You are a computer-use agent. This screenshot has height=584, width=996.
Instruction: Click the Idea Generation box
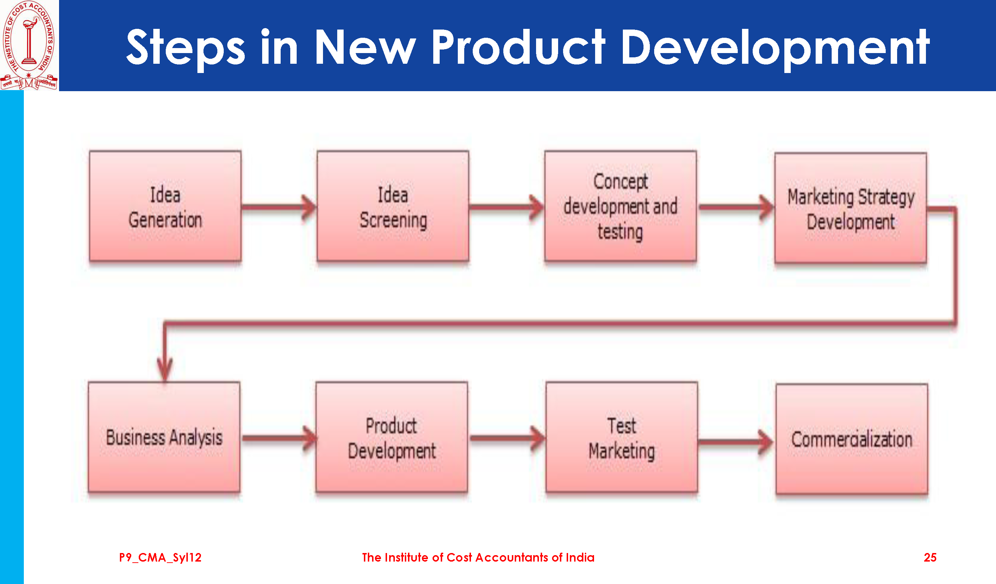(x=165, y=206)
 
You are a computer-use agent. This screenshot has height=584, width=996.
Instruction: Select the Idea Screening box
(x=393, y=206)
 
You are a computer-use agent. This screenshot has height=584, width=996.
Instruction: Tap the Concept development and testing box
(x=620, y=206)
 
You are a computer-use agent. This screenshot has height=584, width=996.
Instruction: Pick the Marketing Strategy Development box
(x=851, y=208)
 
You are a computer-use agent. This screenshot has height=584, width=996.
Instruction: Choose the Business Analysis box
(x=164, y=437)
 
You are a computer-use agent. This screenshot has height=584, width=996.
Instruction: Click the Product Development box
(x=392, y=437)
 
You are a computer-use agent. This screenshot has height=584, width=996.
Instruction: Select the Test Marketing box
(x=622, y=437)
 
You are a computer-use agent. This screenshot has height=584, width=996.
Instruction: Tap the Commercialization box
(x=852, y=439)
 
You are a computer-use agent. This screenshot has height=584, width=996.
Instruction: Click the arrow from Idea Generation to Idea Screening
(x=279, y=207)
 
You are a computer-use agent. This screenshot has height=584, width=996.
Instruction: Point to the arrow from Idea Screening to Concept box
(x=507, y=207)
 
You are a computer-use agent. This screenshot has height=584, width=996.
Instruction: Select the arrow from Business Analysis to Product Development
(x=280, y=438)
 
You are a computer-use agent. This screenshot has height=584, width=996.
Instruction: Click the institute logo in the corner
(x=29, y=45)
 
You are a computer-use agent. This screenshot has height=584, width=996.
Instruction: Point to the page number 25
(x=930, y=558)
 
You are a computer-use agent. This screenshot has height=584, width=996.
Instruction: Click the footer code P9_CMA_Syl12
(x=160, y=558)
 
